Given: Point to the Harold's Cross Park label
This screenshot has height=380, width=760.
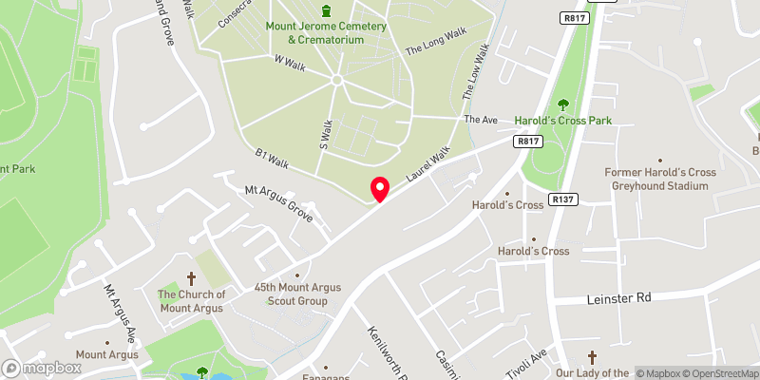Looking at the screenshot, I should [562, 121].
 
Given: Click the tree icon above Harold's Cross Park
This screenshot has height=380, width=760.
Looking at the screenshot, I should [562, 104].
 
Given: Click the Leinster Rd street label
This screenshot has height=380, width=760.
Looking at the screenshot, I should [615, 298].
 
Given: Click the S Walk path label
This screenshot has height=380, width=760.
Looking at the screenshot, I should [324, 133].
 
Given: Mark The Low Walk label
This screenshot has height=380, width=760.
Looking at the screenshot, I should [475, 73].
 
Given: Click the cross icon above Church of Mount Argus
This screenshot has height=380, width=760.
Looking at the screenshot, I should [192, 278].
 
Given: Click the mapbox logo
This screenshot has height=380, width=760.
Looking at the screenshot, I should [42, 368].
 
